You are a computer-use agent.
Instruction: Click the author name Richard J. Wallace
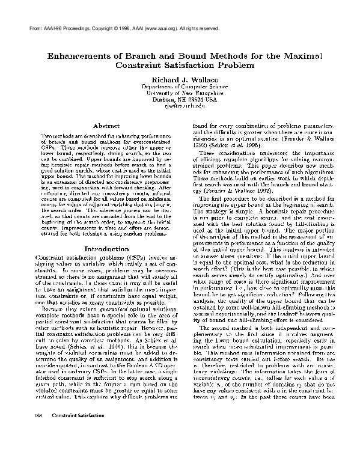click(x=180, y=78)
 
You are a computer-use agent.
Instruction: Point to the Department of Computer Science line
click(x=180, y=87)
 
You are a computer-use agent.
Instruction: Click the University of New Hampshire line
click(x=180, y=93)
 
